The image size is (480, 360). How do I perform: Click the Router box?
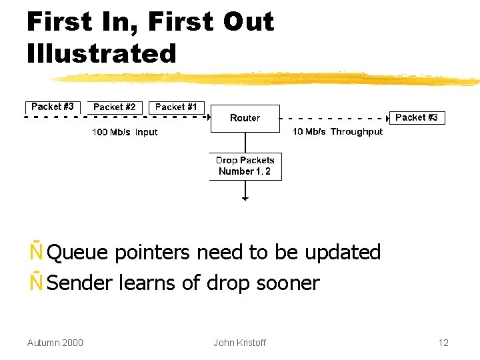point(245,118)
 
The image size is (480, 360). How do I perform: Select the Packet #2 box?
point(114,107)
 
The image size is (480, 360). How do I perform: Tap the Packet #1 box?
point(176,107)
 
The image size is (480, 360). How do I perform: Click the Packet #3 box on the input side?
point(53,107)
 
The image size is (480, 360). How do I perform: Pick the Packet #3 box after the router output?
point(417,117)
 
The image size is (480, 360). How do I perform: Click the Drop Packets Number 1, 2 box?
point(245,166)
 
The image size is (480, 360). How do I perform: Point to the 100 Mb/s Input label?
point(125,132)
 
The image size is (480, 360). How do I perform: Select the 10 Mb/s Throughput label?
point(337,131)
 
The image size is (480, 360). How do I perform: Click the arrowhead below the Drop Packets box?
point(245,198)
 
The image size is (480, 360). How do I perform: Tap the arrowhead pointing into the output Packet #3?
point(387,118)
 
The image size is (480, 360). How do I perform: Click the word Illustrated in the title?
point(101,53)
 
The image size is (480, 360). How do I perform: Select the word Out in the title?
point(248,22)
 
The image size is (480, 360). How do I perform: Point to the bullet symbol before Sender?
point(35,283)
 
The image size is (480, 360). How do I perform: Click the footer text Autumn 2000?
point(55,343)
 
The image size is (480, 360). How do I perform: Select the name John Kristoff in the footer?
point(239,343)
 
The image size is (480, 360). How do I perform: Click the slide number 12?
point(443,343)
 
